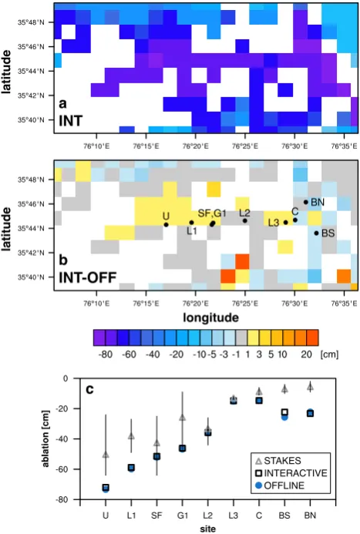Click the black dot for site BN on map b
[306, 203]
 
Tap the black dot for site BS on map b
[316, 233]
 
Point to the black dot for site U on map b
[167, 225]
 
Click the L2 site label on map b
[244, 213]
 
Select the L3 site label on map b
[274, 223]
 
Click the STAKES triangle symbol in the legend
[259, 461]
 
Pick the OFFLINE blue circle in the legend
[259, 485]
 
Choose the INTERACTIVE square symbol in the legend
[259, 473]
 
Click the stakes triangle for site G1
[183, 417]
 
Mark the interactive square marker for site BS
[284, 412]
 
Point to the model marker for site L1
[131, 468]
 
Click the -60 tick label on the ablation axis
[62, 469]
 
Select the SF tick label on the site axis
[156, 516]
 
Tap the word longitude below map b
[210, 317]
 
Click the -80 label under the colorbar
[106, 354]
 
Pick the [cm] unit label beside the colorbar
[329, 354]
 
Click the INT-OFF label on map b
[88, 278]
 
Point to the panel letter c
[89, 388]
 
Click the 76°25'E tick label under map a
[245, 146]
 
